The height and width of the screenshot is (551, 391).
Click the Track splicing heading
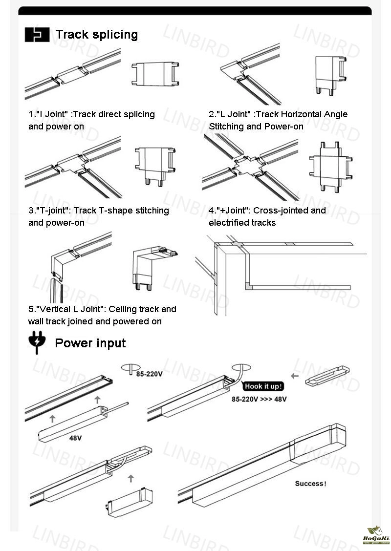(x=96, y=35)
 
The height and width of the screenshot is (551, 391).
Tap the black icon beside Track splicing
(x=37, y=35)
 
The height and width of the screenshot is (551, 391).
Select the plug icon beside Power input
(x=36, y=343)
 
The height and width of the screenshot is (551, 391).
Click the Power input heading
(x=90, y=343)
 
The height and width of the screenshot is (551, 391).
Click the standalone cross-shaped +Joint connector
(x=329, y=166)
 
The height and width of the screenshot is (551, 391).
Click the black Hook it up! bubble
(x=263, y=386)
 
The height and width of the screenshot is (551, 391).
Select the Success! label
(x=310, y=484)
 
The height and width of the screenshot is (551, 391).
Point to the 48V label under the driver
(x=75, y=438)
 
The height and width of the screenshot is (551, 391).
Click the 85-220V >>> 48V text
(x=259, y=399)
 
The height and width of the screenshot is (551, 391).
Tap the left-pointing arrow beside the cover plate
(x=295, y=376)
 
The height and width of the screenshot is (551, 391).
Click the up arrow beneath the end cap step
(x=130, y=478)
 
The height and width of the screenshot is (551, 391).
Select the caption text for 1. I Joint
(x=91, y=120)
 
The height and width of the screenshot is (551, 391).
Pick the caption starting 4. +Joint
(x=267, y=216)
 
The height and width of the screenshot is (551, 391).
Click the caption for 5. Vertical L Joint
(x=102, y=315)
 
